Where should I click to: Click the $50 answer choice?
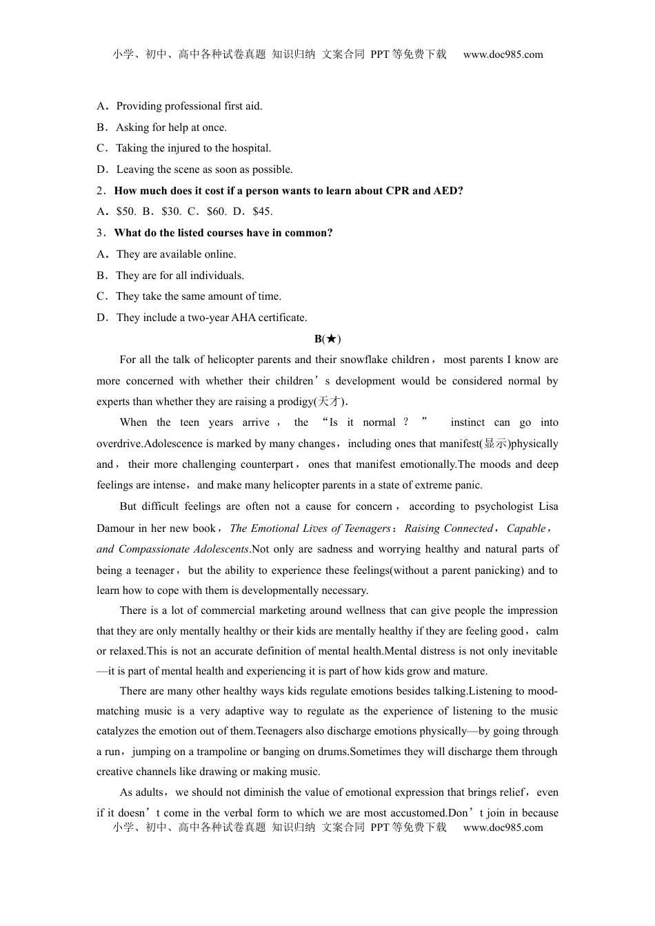coord(125,212)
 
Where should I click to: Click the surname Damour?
coord(116,528)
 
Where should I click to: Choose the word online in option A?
coord(218,254)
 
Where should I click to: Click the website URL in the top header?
coord(503,54)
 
